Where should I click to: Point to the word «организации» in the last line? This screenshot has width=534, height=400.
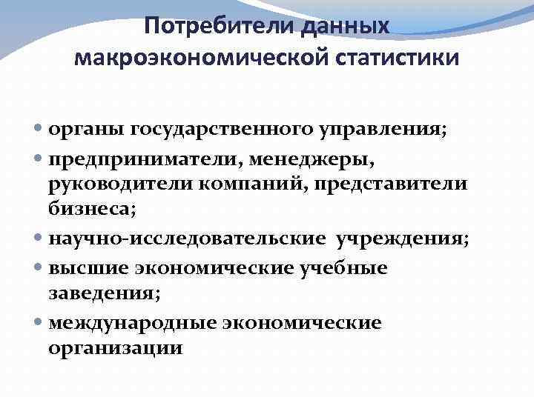point(114,348)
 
